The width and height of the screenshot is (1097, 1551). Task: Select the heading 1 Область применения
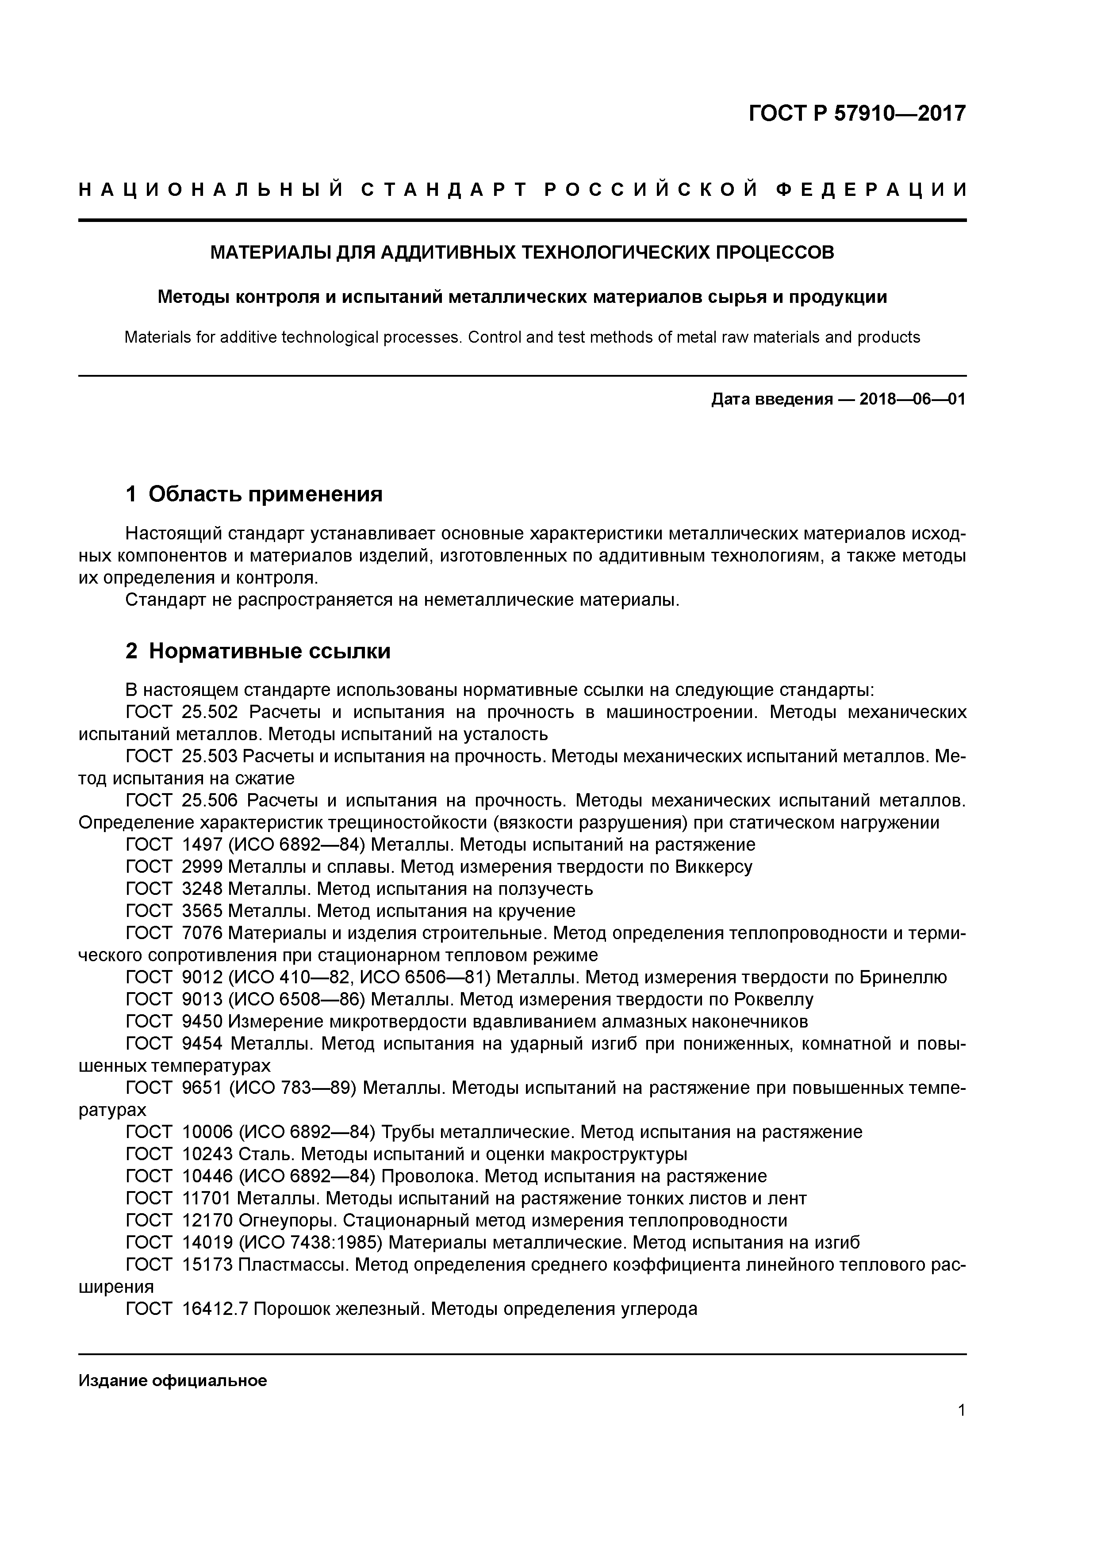click(x=254, y=494)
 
